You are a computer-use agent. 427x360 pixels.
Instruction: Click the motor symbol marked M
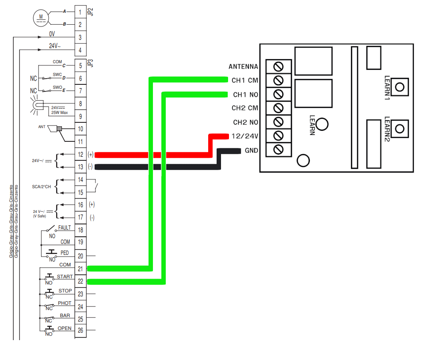[x=41, y=18]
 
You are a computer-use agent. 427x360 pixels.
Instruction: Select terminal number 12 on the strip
[x=80, y=155]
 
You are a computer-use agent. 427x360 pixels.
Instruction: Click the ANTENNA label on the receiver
[x=243, y=67]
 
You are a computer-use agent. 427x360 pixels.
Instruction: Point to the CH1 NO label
[x=245, y=95]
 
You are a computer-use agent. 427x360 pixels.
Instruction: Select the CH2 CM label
[x=245, y=108]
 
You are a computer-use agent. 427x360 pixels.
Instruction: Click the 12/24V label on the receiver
[x=244, y=136]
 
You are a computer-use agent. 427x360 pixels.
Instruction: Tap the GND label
[x=251, y=150]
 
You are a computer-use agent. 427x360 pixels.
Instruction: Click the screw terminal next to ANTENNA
[x=278, y=67]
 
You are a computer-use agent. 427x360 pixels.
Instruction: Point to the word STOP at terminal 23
[x=65, y=291]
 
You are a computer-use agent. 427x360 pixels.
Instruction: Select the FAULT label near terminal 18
[x=65, y=227]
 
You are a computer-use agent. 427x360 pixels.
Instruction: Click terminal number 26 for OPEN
[x=80, y=330]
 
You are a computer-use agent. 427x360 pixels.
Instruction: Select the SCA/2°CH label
[x=42, y=187]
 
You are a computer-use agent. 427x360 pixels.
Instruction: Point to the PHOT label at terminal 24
[x=65, y=303]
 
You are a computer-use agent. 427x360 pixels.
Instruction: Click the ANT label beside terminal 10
[x=42, y=127]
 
